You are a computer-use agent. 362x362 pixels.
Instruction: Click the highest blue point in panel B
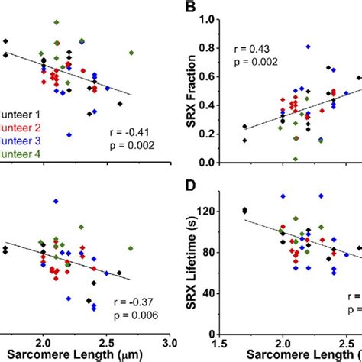pyautogui.click(x=308, y=47)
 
